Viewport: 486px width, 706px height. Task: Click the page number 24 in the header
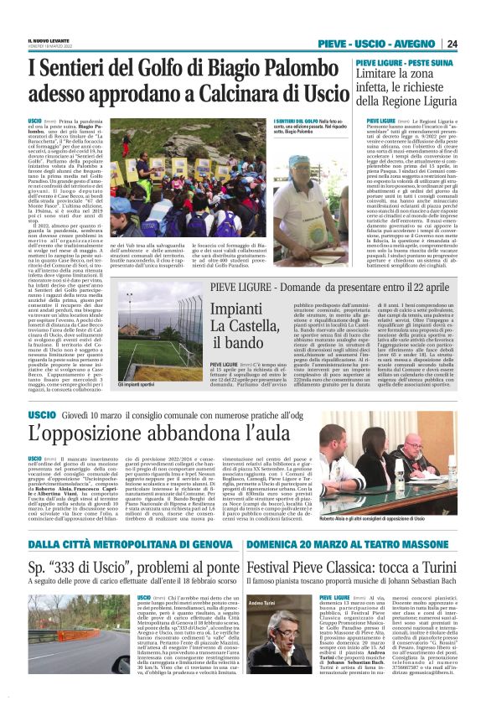(x=474, y=44)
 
